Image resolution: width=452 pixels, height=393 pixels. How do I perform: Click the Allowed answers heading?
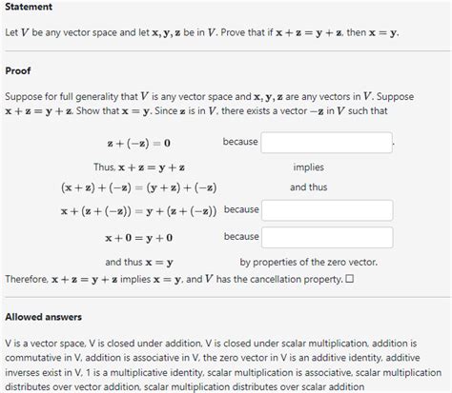43,317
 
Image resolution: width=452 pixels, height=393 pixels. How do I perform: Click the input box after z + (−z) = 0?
326,143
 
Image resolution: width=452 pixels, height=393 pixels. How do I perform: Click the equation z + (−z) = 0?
138,144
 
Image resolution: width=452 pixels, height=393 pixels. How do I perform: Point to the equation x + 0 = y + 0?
138,237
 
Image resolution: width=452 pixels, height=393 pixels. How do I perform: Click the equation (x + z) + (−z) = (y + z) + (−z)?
138,188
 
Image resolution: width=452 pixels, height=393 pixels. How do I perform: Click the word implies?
308,167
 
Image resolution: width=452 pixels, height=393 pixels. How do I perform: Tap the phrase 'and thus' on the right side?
308,188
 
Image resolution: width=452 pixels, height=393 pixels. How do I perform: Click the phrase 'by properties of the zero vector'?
308,262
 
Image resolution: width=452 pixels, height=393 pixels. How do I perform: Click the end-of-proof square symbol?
349,279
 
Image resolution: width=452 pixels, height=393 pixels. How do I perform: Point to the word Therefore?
27,279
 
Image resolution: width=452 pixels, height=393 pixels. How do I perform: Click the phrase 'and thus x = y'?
138,262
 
